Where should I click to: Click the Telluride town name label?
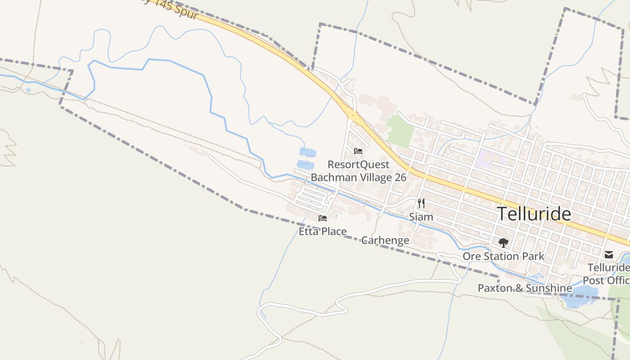pyautogui.click(x=534, y=214)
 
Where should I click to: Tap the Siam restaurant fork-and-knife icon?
pyautogui.click(x=421, y=203)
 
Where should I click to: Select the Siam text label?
pyautogui.click(x=421, y=217)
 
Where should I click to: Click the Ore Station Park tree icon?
pyautogui.click(x=503, y=243)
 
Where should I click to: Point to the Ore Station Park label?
pyautogui.click(x=504, y=256)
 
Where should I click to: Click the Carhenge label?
pyautogui.click(x=385, y=240)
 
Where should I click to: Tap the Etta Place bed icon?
pyautogui.click(x=323, y=218)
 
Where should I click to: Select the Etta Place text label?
pyautogui.click(x=323, y=232)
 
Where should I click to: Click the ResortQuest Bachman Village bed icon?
pyautogui.click(x=358, y=151)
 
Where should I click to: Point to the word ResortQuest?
pyautogui.click(x=358, y=164)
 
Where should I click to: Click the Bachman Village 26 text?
pyautogui.click(x=358, y=177)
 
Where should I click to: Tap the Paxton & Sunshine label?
pyautogui.click(x=525, y=288)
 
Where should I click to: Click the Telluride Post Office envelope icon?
pyautogui.click(x=609, y=255)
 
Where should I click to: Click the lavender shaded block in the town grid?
pyautogui.click(x=490, y=158)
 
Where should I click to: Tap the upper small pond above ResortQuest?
pyautogui.click(x=307, y=152)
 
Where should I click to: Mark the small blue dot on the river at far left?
pyautogui.click(x=28, y=90)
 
